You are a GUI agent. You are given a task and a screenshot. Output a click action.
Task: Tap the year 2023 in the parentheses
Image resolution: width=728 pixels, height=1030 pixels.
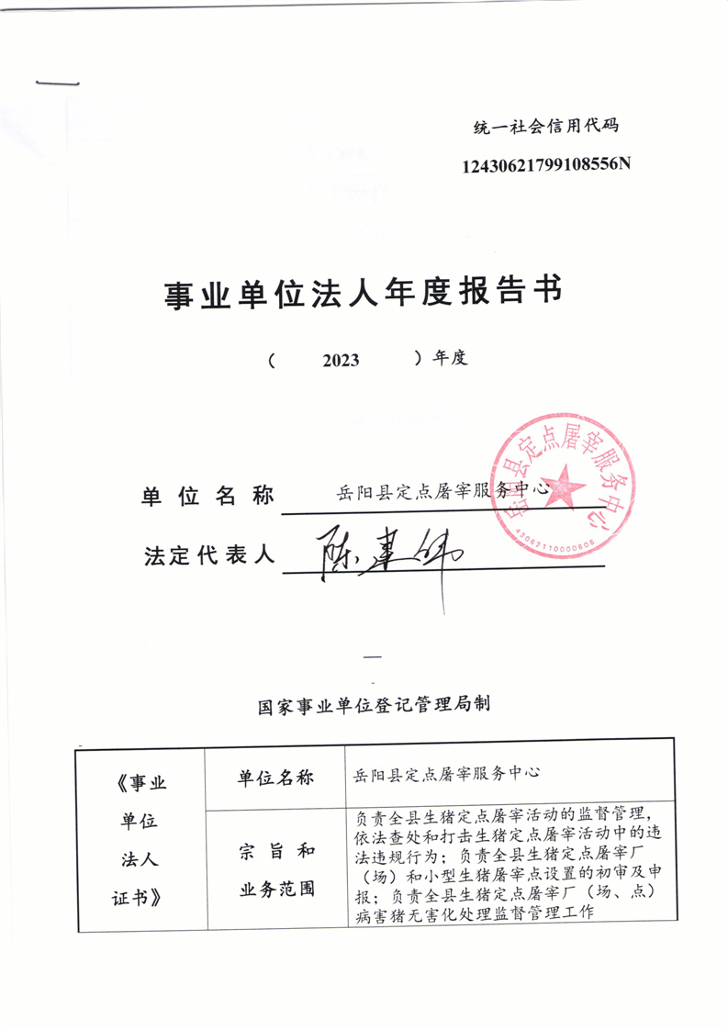click(341, 361)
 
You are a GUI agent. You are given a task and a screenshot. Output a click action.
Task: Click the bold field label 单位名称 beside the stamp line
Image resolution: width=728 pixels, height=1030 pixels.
click(207, 497)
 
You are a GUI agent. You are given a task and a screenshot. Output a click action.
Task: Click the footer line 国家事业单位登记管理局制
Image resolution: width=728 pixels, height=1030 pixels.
click(374, 706)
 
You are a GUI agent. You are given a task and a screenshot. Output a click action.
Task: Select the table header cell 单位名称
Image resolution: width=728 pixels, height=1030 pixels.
click(275, 778)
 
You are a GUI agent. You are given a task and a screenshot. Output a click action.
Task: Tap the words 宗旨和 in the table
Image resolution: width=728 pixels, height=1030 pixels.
click(276, 851)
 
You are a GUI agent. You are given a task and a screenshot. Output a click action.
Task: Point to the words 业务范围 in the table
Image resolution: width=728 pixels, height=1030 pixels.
click(276, 889)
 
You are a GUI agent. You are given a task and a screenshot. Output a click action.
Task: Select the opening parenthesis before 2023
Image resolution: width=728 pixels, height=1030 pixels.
click(273, 361)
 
